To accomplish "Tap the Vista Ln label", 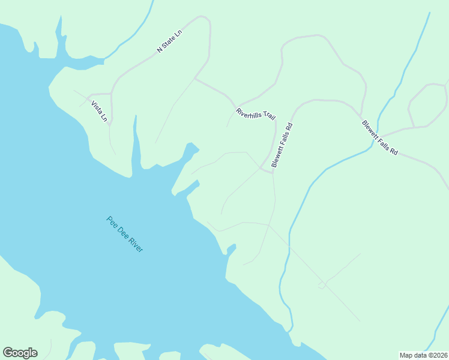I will [x=99, y=111].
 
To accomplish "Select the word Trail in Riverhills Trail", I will [x=268, y=116].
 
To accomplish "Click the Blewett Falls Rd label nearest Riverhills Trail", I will [x=282, y=145].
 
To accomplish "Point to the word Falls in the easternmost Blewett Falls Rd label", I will [x=379, y=138].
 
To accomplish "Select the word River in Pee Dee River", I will [x=136, y=245].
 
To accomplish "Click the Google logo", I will [x=20, y=353].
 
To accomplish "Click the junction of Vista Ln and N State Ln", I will [x=112, y=94].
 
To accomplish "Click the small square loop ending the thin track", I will [x=322, y=285].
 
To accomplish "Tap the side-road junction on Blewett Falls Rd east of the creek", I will [x=414, y=127].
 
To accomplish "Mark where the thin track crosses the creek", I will [x=290, y=247].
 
